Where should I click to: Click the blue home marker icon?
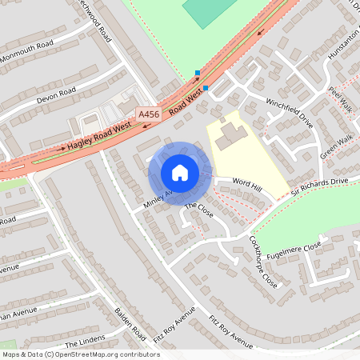(x=180, y=173)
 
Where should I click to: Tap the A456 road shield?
(x=148, y=116)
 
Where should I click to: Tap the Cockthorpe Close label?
(x=262, y=261)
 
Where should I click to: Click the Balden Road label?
(x=129, y=322)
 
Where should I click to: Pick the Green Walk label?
(x=336, y=146)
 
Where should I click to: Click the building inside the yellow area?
(x=230, y=134)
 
